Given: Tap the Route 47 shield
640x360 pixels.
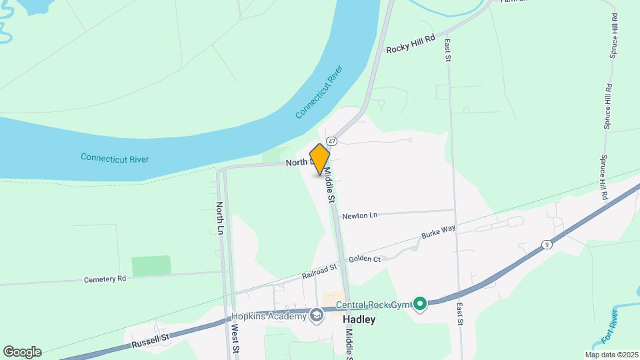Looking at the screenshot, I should click(x=331, y=141).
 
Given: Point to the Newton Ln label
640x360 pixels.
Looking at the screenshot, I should click(x=360, y=215).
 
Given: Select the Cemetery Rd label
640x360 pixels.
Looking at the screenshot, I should click(x=105, y=279).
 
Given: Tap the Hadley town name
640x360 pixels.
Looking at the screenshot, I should click(x=359, y=319).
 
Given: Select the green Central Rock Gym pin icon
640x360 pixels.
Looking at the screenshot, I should click(x=419, y=304).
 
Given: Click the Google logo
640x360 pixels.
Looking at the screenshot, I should click(x=22, y=351).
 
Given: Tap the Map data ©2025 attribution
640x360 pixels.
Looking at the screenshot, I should click(x=611, y=355).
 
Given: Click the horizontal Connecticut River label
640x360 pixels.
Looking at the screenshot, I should click(x=115, y=159).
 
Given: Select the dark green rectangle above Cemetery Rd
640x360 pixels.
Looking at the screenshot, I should click(x=151, y=265).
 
